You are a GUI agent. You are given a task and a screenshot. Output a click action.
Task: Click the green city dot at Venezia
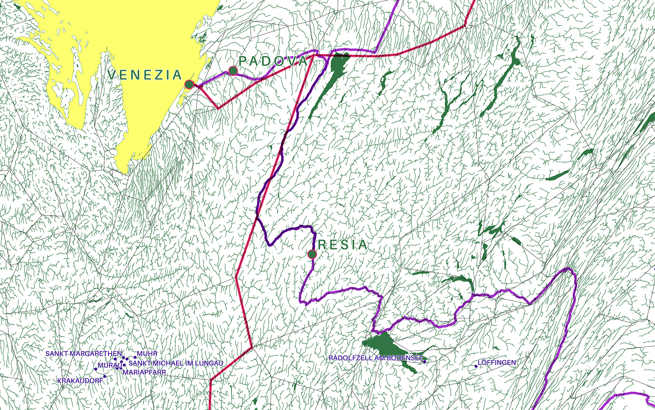click(x=189, y=84)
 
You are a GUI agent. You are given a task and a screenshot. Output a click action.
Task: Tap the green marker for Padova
click(x=233, y=70)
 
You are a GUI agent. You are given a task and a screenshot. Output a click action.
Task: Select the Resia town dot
click(x=312, y=254)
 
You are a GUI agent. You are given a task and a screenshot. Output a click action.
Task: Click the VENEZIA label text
click(x=144, y=75)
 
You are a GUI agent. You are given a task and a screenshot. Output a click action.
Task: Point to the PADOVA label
click(x=273, y=61)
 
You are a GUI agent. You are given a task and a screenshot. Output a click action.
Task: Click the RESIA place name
click(x=343, y=245)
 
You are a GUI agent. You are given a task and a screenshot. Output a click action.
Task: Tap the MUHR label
click(x=147, y=354)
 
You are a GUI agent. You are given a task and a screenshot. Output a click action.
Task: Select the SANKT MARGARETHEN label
click(x=84, y=354)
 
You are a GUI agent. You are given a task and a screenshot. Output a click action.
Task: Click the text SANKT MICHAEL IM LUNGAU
click(x=176, y=363)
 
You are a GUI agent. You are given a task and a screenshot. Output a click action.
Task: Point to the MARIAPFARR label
click(x=144, y=372)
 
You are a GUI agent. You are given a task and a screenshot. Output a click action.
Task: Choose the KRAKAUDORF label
click(x=80, y=381)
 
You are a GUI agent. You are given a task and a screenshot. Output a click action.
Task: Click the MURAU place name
click(x=109, y=365)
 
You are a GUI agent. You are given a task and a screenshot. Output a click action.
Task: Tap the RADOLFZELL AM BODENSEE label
click(x=376, y=358)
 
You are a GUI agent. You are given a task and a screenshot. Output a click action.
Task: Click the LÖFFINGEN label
click(x=497, y=363)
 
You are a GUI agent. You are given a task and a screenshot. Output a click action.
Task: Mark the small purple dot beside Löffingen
click(x=476, y=366)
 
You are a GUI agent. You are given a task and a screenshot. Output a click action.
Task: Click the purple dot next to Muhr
click(x=135, y=358)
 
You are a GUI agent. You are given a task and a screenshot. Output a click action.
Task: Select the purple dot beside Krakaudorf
click(x=105, y=377)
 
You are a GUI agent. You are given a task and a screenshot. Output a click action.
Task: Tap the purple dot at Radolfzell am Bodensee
click(x=425, y=362)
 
